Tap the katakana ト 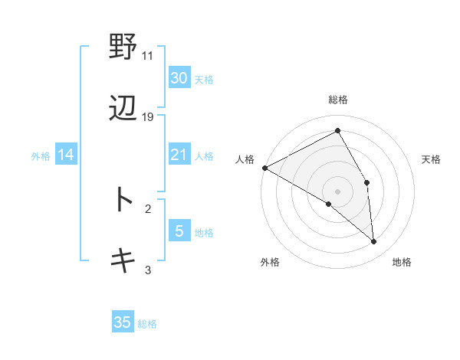[x=123, y=199]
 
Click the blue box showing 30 [x=179, y=78]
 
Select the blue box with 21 [x=179, y=155]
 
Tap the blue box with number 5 [x=179, y=231]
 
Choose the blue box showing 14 [x=66, y=155]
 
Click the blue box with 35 [x=123, y=322]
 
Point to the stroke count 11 [x=148, y=56]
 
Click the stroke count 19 [x=148, y=116]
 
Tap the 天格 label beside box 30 [x=204, y=79]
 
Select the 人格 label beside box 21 [x=204, y=156]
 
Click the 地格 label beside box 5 [x=204, y=231]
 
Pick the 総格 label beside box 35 [x=148, y=323]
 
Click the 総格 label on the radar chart [x=338, y=100]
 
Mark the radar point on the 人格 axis [x=264, y=168]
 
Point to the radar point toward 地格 [x=374, y=242]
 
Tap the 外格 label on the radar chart [x=270, y=263]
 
